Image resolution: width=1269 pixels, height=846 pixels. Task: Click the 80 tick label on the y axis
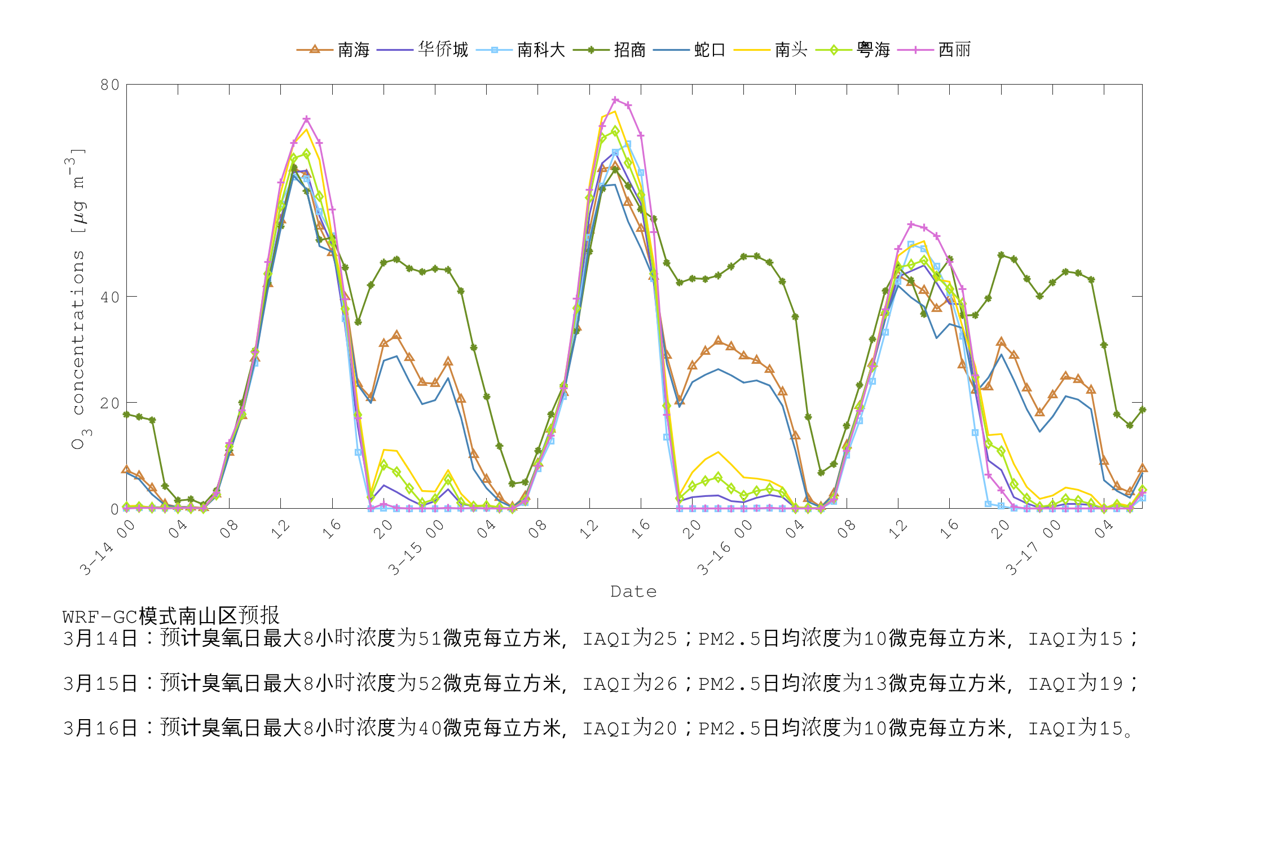(110, 85)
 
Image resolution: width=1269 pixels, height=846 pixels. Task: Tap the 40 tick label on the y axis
(110, 297)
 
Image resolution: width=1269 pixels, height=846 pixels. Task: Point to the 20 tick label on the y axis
(110, 403)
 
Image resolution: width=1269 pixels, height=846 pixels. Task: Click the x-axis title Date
(633, 592)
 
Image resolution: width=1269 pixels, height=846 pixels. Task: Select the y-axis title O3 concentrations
(78, 299)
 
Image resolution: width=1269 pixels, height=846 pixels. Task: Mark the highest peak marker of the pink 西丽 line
(615, 100)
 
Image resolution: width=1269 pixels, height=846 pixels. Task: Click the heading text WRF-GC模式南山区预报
(171, 616)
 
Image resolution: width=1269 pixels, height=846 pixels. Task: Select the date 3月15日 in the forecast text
(100, 684)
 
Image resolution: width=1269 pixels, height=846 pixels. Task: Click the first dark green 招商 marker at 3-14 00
(126, 415)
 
